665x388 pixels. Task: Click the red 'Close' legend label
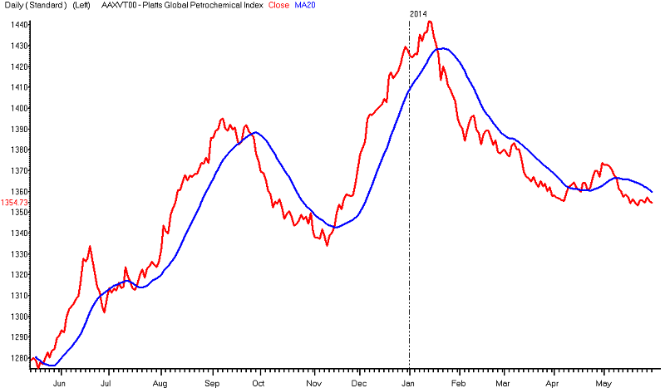pyautogui.click(x=278, y=5)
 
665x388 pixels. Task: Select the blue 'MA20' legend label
pyautogui.click(x=306, y=5)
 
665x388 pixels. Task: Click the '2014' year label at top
pyautogui.click(x=419, y=14)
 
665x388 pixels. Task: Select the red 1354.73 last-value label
pyautogui.click(x=16, y=203)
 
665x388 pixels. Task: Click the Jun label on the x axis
pyautogui.click(x=59, y=383)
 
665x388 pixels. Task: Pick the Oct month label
pyautogui.click(x=258, y=383)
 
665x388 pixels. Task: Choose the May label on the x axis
pyautogui.click(x=604, y=383)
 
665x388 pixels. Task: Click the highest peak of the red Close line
pyautogui.click(x=429, y=22)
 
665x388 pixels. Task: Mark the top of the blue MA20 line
pyautogui.click(x=441, y=48)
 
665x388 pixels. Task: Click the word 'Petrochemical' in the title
pyautogui.click(x=219, y=5)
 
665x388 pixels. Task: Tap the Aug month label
pyautogui.click(x=160, y=383)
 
